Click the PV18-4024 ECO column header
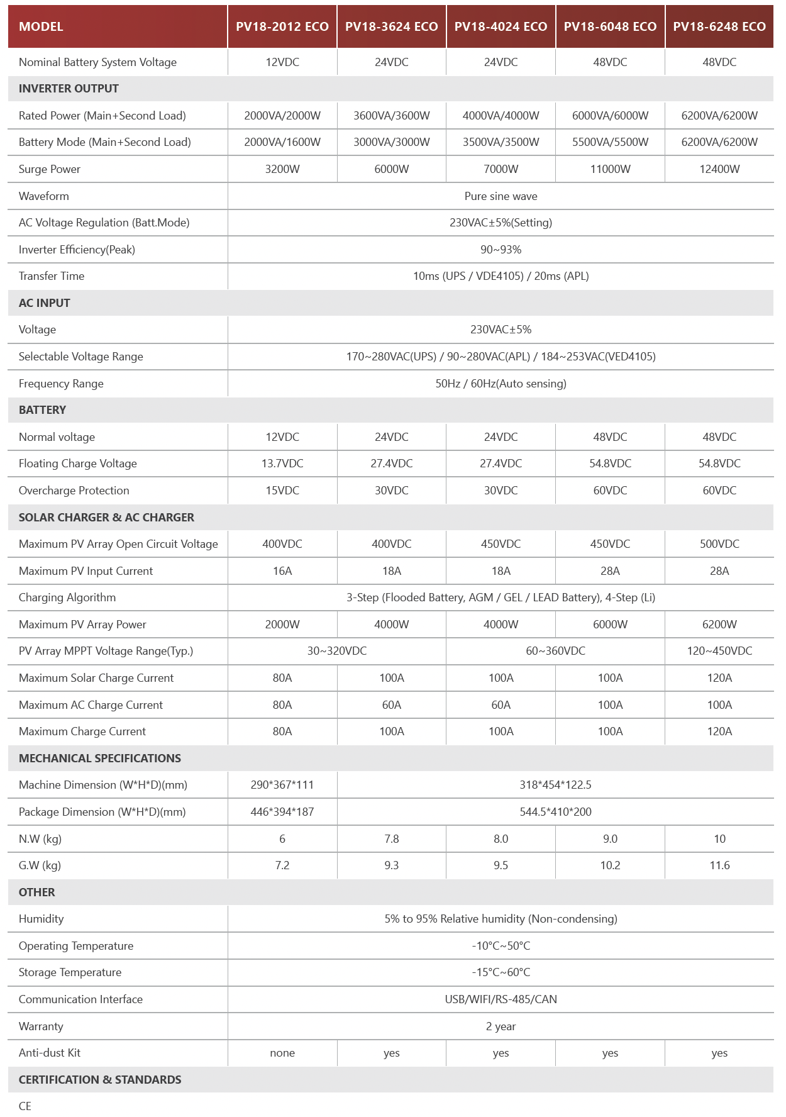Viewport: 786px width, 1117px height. point(501,26)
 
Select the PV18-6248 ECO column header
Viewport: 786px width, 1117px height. point(719,26)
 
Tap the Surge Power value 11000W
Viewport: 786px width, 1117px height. point(610,169)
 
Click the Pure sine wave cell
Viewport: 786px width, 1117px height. point(501,196)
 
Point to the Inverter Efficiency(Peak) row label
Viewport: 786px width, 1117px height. point(77,250)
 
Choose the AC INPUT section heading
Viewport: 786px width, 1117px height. point(44,303)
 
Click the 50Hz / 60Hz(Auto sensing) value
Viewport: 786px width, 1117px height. point(501,384)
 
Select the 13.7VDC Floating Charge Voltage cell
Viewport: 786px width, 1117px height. point(282,464)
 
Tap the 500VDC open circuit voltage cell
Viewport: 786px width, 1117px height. point(719,544)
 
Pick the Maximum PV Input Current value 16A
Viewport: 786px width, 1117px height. point(282,571)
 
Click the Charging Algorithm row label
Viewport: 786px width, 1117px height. point(67,597)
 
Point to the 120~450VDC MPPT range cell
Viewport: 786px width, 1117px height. point(719,651)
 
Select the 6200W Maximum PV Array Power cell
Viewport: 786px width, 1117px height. point(719,625)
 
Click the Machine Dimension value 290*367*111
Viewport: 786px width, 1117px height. point(282,785)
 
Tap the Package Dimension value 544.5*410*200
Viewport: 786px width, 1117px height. point(555,812)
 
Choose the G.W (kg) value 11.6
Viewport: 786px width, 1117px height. point(719,865)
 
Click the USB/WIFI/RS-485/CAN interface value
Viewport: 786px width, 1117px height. point(501,999)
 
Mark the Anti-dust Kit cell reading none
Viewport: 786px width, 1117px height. point(282,1053)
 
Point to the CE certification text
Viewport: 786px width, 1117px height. point(25,1106)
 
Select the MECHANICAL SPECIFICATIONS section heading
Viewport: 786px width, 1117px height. point(99,759)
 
